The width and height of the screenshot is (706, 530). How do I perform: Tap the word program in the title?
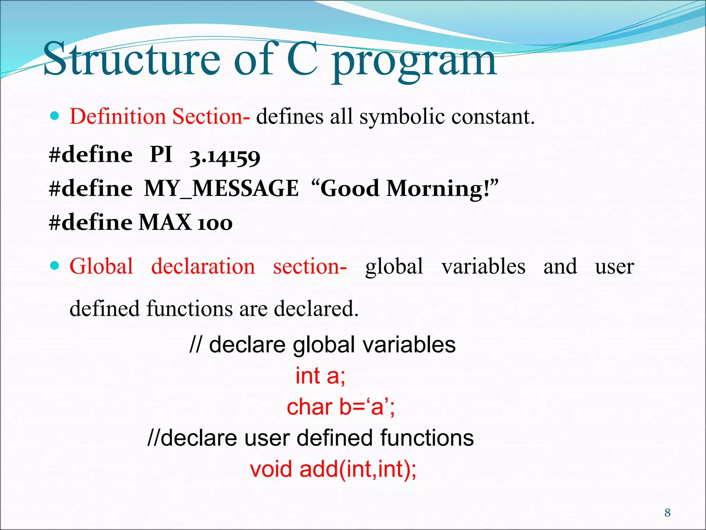coord(414,62)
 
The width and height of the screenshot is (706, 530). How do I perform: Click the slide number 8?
coord(667,513)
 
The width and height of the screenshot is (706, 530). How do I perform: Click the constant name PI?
coord(161,154)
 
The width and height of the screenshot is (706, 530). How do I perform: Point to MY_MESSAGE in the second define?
coord(221,189)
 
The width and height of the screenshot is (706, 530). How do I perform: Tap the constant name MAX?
coord(165,222)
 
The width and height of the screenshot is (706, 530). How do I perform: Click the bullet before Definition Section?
coord(54,116)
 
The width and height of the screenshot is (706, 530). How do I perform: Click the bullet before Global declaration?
coord(54,266)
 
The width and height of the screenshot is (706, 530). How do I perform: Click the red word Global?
coord(101,266)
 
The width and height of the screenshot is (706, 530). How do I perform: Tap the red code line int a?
coord(320,376)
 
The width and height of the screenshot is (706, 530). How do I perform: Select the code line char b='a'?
coord(341,407)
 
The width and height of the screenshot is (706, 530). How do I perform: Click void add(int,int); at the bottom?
coord(333,469)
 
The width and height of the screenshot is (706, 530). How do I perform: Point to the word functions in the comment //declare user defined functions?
coord(427,438)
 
